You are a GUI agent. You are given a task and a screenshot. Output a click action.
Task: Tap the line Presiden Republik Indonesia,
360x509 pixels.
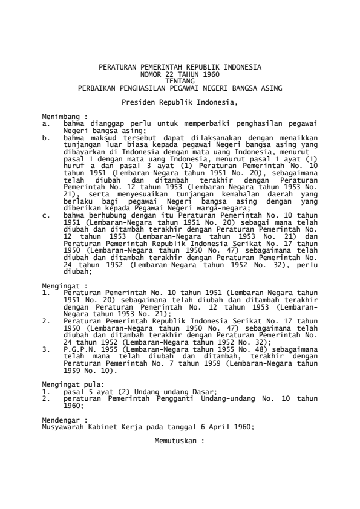point(180,102)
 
